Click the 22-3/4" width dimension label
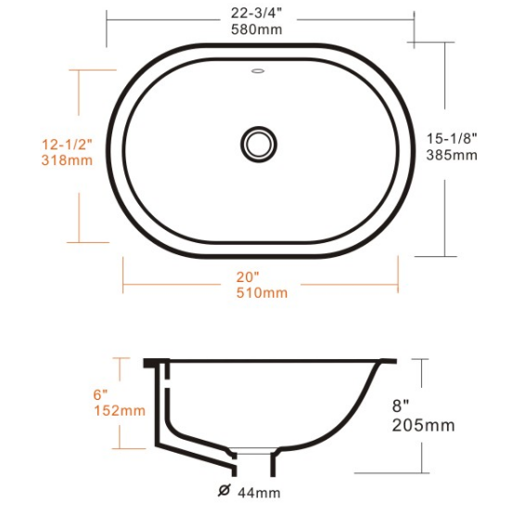257,13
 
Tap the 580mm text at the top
257,30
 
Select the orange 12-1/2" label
67,145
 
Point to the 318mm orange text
67,160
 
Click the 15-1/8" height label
452,138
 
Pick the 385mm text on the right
452,155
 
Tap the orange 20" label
248,277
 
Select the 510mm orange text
262,293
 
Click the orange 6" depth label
100,394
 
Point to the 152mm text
120,411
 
